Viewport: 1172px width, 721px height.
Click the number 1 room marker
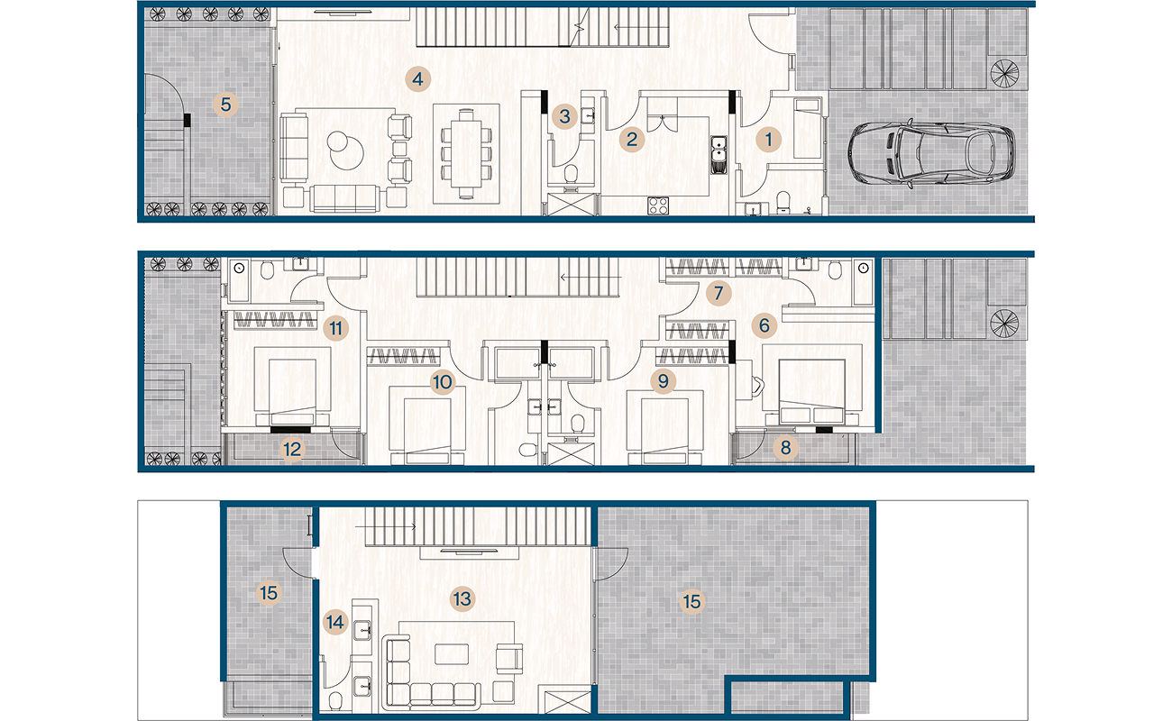[x=768, y=140]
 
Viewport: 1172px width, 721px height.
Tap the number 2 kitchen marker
[x=631, y=139]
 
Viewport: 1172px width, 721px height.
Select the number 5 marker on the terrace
[x=225, y=105]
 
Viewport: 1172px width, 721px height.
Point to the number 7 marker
[x=719, y=293]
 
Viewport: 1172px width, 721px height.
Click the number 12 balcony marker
[x=292, y=449]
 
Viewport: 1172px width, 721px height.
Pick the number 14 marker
[x=334, y=622]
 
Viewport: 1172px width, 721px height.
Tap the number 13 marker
[x=462, y=599]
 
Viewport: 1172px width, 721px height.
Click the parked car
[x=931, y=153]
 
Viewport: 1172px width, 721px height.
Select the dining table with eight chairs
[x=466, y=154]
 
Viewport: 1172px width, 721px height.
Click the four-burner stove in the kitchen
[x=658, y=205]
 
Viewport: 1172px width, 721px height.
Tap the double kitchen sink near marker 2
[x=719, y=155]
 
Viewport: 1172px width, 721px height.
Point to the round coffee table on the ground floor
[x=346, y=150]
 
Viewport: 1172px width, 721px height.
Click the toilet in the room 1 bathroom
[x=783, y=203]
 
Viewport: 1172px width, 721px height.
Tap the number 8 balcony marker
[x=785, y=448]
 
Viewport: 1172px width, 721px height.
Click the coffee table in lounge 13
[x=452, y=654]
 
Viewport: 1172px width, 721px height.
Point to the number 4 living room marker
[x=417, y=79]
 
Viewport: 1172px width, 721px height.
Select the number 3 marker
[x=564, y=116]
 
